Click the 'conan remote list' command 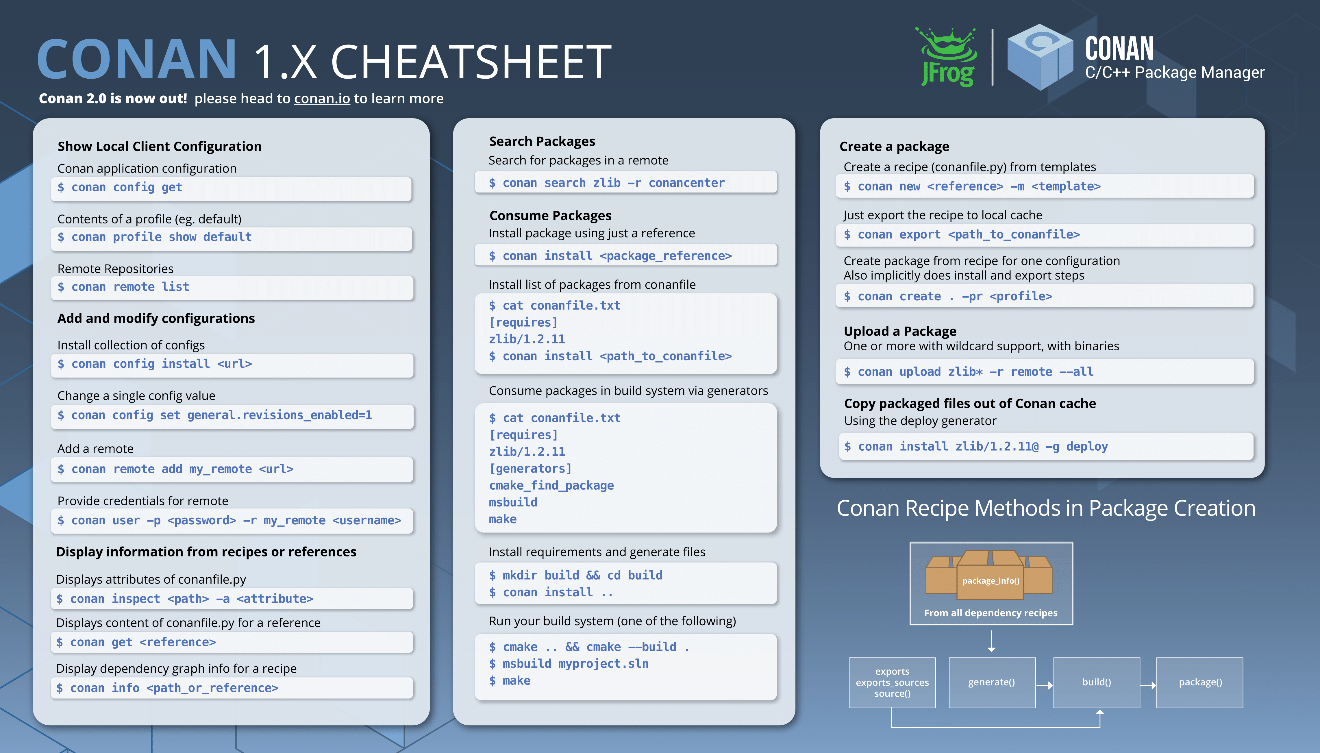tap(123, 287)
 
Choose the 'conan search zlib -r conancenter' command tap(606, 183)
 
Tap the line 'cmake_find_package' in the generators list tap(551, 486)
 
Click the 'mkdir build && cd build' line tap(575, 575)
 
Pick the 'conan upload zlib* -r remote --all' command tap(969, 372)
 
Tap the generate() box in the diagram tap(992, 683)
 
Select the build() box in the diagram tap(1097, 683)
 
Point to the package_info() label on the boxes tap(991, 581)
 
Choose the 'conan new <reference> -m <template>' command tap(972, 186)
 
